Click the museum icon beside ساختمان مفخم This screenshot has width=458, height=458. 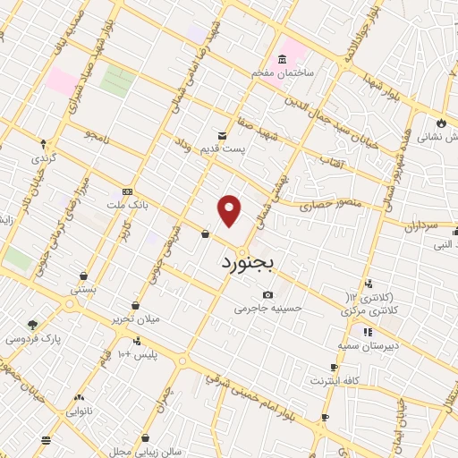(283, 59)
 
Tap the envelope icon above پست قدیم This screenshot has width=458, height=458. (222, 135)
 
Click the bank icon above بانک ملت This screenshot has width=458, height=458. (127, 191)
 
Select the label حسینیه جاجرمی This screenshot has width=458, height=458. (268, 308)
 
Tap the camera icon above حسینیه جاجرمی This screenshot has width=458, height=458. (267, 295)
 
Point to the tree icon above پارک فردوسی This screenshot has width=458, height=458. (33, 326)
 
